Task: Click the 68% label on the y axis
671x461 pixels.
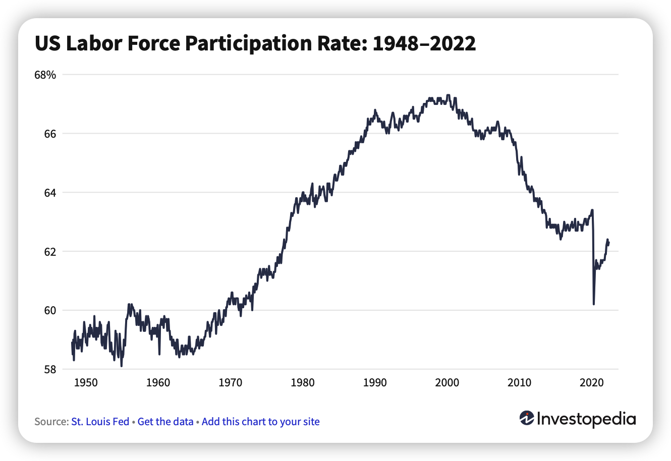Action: tap(45, 75)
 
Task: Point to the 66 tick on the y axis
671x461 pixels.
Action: tap(49, 134)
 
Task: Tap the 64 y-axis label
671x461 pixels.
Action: tap(49, 193)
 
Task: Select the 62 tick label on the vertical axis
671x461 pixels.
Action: tap(49, 251)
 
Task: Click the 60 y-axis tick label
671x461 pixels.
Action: tap(49, 310)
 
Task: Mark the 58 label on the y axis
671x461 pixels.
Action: tap(49, 369)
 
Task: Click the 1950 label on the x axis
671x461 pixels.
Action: tap(86, 383)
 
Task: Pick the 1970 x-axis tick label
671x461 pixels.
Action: tap(231, 383)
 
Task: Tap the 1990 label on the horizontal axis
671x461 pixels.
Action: tap(375, 383)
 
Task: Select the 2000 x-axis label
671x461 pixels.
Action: tap(447, 383)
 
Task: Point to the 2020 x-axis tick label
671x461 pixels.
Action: tap(592, 383)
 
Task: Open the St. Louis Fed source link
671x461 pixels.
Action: tap(100, 422)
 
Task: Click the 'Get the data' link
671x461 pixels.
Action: tap(165, 422)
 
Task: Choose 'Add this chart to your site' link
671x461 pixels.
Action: tap(260, 422)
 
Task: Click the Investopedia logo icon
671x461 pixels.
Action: tap(526, 418)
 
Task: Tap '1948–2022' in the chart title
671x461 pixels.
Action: tap(424, 44)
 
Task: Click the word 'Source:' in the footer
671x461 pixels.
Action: tap(51, 422)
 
